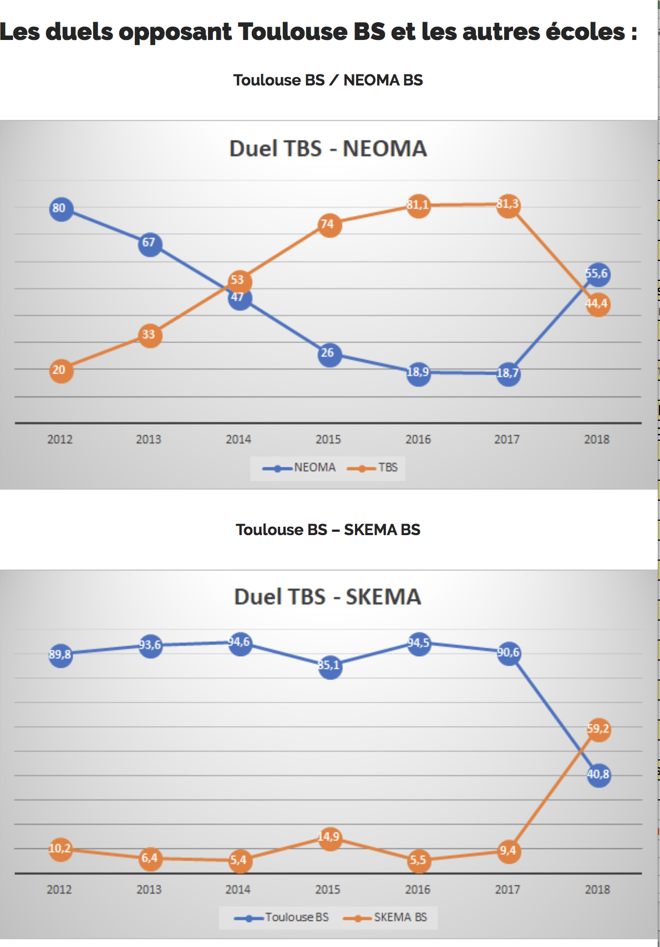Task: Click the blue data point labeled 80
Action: (61, 209)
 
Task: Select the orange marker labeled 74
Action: (329, 225)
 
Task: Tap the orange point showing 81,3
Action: (508, 205)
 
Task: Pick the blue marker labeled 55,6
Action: (598, 274)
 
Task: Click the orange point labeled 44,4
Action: (598, 304)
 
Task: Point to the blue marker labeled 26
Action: (329, 354)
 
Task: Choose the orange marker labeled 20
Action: (61, 371)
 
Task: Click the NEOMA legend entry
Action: (299, 468)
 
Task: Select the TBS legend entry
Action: (373, 468)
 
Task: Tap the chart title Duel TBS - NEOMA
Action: (328, 149)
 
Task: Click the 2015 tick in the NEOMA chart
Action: (328, 440)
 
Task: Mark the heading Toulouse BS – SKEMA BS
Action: (328, 530)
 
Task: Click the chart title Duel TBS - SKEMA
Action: (328, 597)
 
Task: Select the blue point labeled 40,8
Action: (598, 775)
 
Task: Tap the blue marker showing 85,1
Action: (330, 666)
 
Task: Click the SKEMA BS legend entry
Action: (385, 918)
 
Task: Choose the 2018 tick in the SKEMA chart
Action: (597, 890)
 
